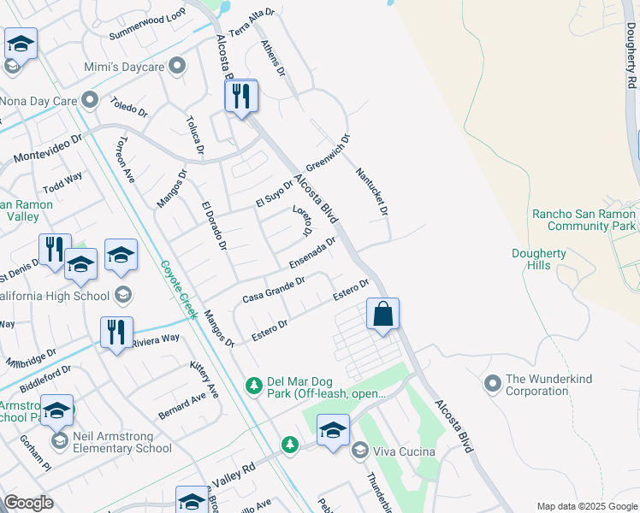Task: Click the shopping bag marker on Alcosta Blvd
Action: tap(382, 314)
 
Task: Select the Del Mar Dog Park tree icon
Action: tap(253, 386)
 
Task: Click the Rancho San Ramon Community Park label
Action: tap(584, 220)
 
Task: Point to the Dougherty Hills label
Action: tap(543, 259)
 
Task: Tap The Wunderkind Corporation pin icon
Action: tap(492, 384)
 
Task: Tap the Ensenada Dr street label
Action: tap(312, 251)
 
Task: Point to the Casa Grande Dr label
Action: tap(274, 290)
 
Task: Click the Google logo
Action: tap(28, 503)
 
